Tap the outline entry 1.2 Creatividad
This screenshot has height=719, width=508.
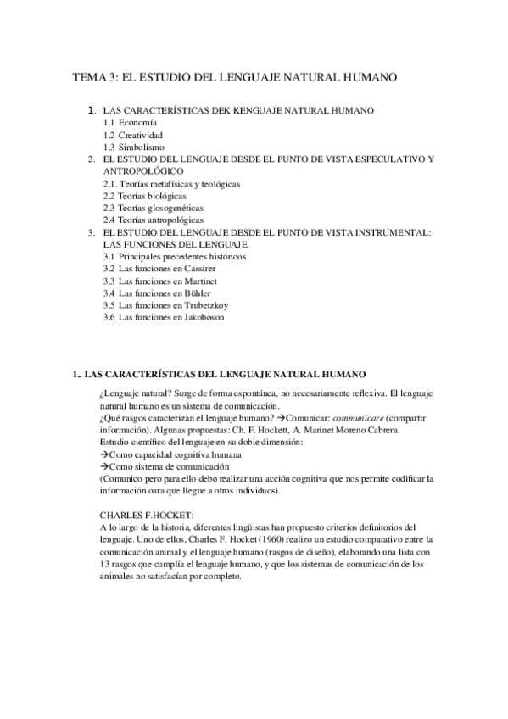point(133,135)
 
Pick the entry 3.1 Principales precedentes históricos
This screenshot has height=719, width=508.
point(174,256)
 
